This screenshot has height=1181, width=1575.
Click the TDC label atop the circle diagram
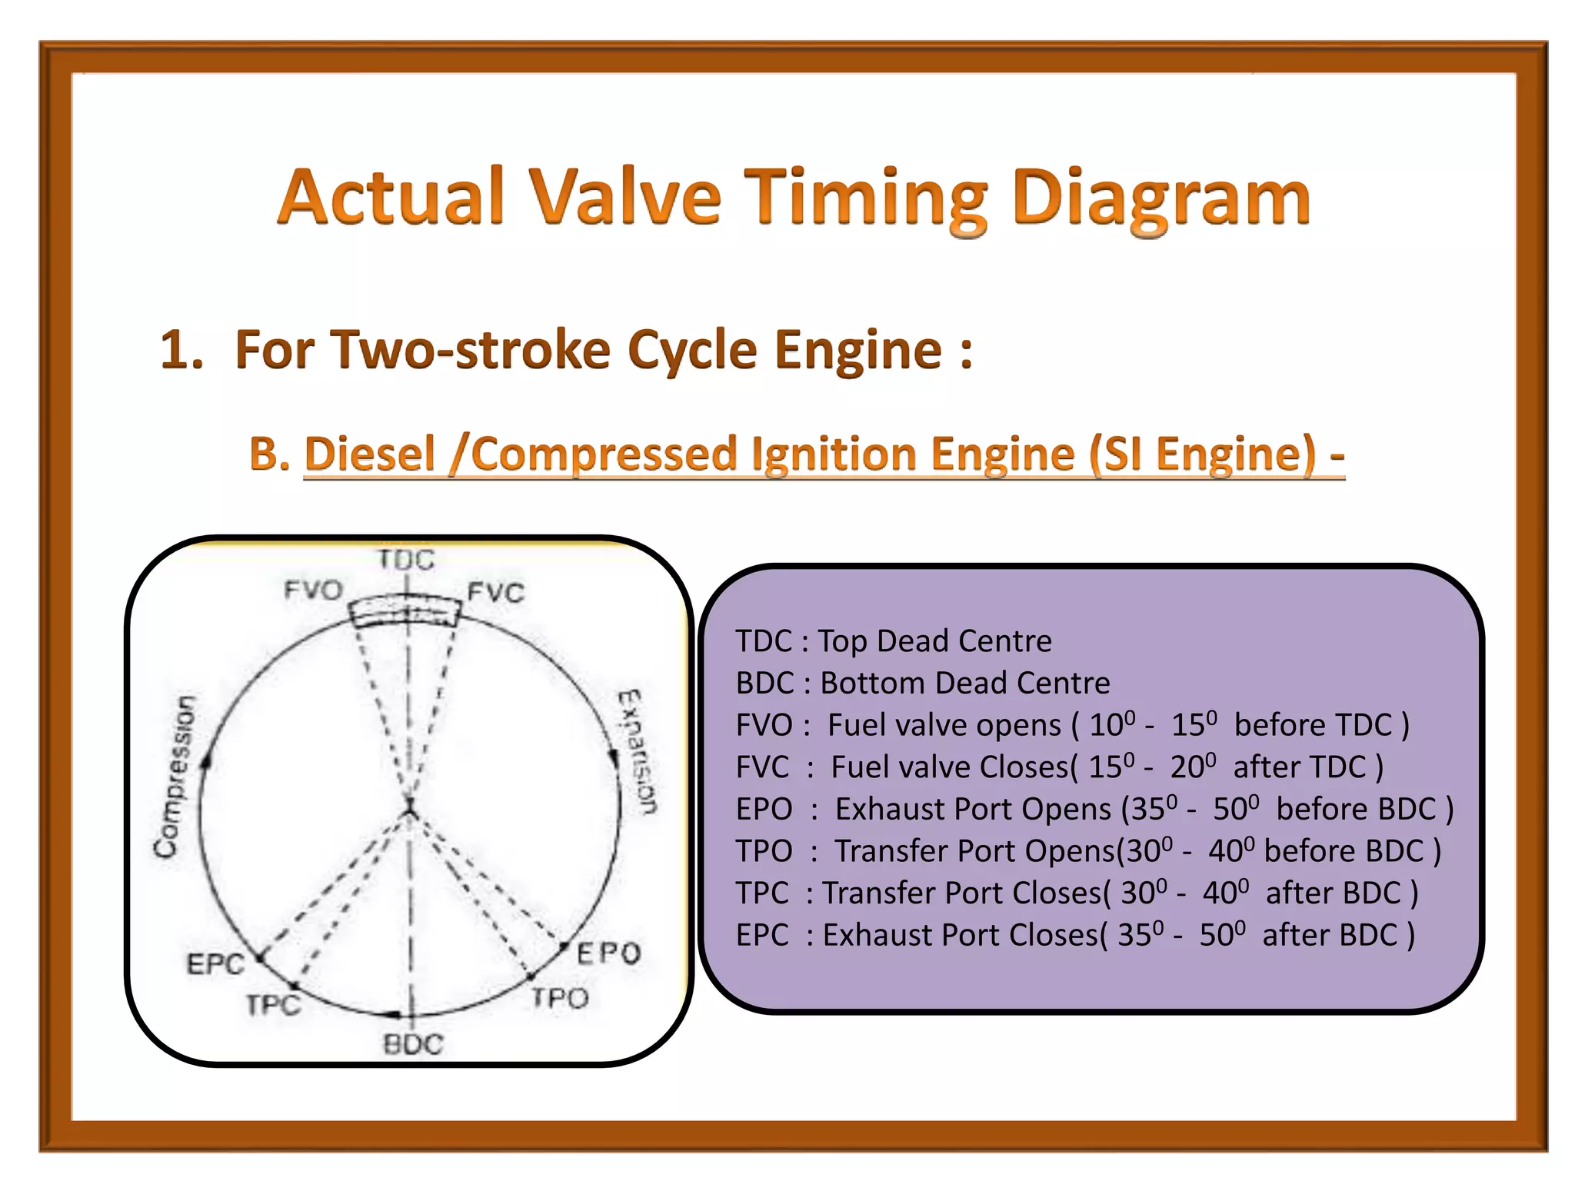pyautogui.click(x=406, y=559)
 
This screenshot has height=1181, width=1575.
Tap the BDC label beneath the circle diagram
pyautogui.click(x=413, y=1044)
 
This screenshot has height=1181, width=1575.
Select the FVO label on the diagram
pyautogui.click(x=313, y=590)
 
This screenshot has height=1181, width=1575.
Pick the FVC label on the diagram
pyautogui.click(x=496, y=592)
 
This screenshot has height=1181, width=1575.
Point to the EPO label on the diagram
pyautogui.click(x=609, y=953)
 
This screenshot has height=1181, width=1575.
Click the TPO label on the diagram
pyautogui.click(x=560, y=998)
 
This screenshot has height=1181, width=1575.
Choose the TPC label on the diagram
pyautogui.click(x=273, y=1004)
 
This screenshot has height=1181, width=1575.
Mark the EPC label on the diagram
pyautogui.click(x=215, y=963)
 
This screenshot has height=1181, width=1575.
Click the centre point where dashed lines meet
pyautogui.click(x=410, y=809)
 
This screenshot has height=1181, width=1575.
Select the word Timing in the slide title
pyautogui.click(x=866, y=198)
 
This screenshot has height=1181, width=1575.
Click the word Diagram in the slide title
pyautogui.click(x=1161, y=198)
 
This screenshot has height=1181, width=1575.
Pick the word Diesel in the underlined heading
pyautogui.click(x=370, y=453)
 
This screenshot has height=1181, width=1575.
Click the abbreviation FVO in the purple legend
pyautogui.click(x=764, y=725)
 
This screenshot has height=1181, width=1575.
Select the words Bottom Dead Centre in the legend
pyautogui.click(x=965, y=683)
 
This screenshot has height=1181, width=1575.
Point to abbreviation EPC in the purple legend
pyautogui.click(x=762, y=935)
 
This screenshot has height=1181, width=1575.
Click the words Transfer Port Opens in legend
pyautogui.click(x=975, y=851)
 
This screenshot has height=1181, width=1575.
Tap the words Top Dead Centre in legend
pyautogui.click(x=934, y=640)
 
